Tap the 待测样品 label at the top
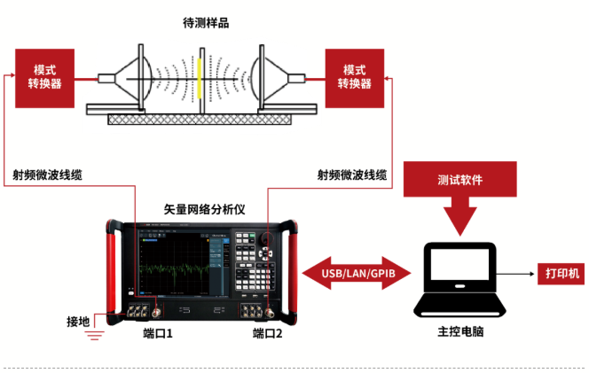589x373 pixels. point(206,23)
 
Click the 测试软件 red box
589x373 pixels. point(459,179)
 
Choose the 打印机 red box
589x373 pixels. point(560,274)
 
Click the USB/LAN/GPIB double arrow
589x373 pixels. point(358,273)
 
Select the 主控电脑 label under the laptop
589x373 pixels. point(459,332)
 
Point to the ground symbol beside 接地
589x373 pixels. point(94,333)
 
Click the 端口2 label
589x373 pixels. point(267,334)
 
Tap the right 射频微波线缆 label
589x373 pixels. point(352,175)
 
